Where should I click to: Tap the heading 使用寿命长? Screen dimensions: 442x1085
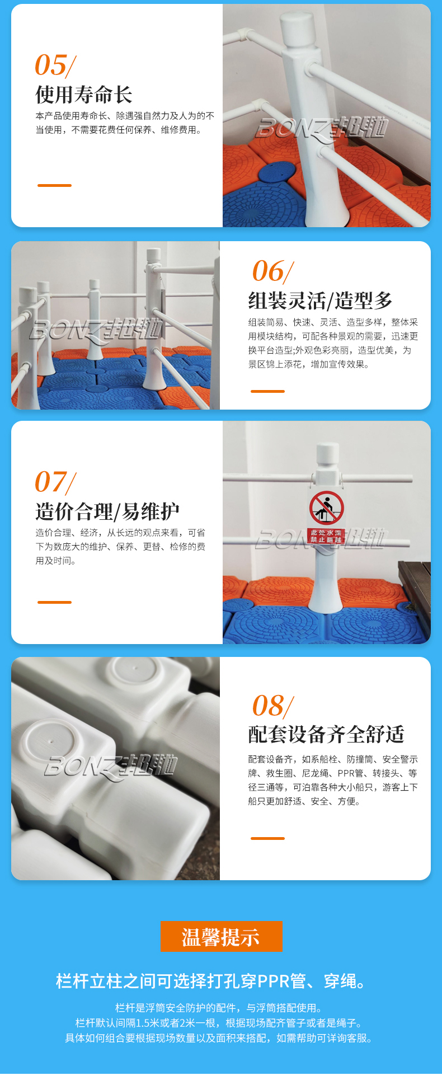84,95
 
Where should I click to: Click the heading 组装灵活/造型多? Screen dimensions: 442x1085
321,301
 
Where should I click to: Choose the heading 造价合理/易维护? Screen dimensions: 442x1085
107,511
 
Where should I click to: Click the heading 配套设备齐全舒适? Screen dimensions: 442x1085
326,734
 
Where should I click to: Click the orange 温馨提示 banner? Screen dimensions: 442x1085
222,936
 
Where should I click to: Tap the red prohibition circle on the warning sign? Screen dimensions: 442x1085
327,508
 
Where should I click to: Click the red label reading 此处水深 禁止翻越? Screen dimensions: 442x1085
326,536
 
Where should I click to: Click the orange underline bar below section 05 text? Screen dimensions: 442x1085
54,185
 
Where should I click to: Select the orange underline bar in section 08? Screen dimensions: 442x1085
267,838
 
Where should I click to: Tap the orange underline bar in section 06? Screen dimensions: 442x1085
267,391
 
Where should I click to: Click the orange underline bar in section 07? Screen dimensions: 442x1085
54,602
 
